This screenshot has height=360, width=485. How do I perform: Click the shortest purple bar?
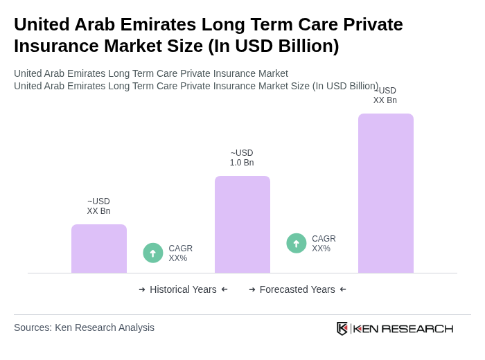pos(99,249)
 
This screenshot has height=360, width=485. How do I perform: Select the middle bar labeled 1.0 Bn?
pos(242,224)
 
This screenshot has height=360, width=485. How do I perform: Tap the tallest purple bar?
pos(386,193)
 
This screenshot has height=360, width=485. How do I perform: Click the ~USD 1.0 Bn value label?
pos(242,158)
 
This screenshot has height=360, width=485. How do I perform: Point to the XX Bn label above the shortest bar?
pos(98,206)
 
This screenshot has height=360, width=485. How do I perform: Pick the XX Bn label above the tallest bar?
pos(385,96)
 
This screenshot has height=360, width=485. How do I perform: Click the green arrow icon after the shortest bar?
pos(153,253)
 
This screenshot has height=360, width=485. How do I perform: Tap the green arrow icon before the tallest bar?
pos(297,243)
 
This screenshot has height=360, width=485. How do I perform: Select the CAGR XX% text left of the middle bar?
pos(180,253)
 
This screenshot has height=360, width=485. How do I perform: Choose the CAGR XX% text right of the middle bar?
pos(324,244)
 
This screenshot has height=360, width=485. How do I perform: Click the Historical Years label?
pos(183,289)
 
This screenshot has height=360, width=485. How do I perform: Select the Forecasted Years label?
pos(297,289)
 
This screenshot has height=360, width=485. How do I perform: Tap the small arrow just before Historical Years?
pos(142,289)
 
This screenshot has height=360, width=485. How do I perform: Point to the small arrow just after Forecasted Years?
pos(343,289)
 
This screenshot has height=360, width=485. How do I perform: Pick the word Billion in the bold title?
pos(301,46)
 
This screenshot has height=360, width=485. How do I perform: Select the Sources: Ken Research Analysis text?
pos(84,327)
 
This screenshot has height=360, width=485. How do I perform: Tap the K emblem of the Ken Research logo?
pos(342,328)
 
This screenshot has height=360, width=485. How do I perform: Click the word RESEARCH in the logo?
pos(417,328)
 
